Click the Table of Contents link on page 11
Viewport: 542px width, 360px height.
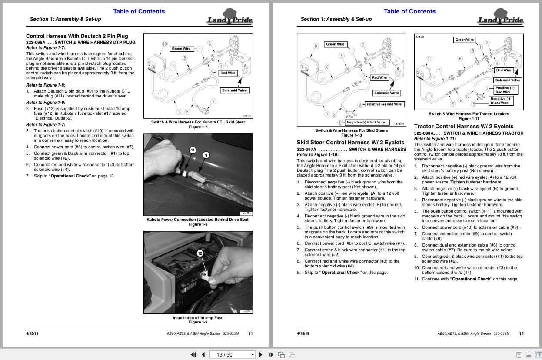pyautogui.click(x=139, y=11)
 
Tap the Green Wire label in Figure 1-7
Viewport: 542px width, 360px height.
pyautogui.click(x=181, y=49)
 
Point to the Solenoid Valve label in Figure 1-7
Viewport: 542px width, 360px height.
pyautogui.click(x=234, y=90)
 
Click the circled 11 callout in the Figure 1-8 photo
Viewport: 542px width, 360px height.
pyautogui.click(x=193, y=150)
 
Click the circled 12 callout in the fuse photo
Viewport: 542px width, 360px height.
pyautogui.click(x=200, y=253)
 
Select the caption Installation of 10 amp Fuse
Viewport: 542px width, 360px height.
pyautogui.click(x=198, y=318)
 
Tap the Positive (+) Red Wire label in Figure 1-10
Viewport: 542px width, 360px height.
pyautogui.click(x=384, y=104)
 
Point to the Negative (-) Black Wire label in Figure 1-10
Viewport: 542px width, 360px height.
pyautogui.click(x=366, y=123)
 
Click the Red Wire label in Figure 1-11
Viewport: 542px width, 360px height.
pyautogui.click(x=503, y=70)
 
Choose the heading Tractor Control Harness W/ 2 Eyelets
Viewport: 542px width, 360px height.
pyautogui.click(x=463, y=127)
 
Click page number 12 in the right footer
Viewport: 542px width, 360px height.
pyautogui.click(x=521, y=334)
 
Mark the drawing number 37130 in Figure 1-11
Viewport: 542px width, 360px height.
pyautogui.click(x=419, y=37)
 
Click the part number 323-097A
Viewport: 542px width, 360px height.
pyautogui.click(x=306, y=150)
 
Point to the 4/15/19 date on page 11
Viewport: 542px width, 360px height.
pyautogui.click(x=32, y=333)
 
